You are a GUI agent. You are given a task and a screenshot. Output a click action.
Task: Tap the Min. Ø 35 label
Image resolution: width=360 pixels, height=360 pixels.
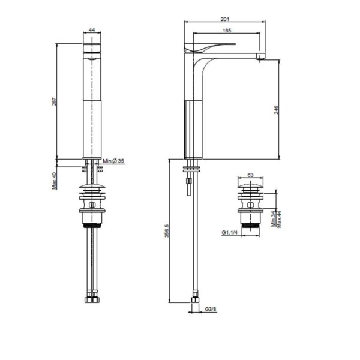(113, 161)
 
